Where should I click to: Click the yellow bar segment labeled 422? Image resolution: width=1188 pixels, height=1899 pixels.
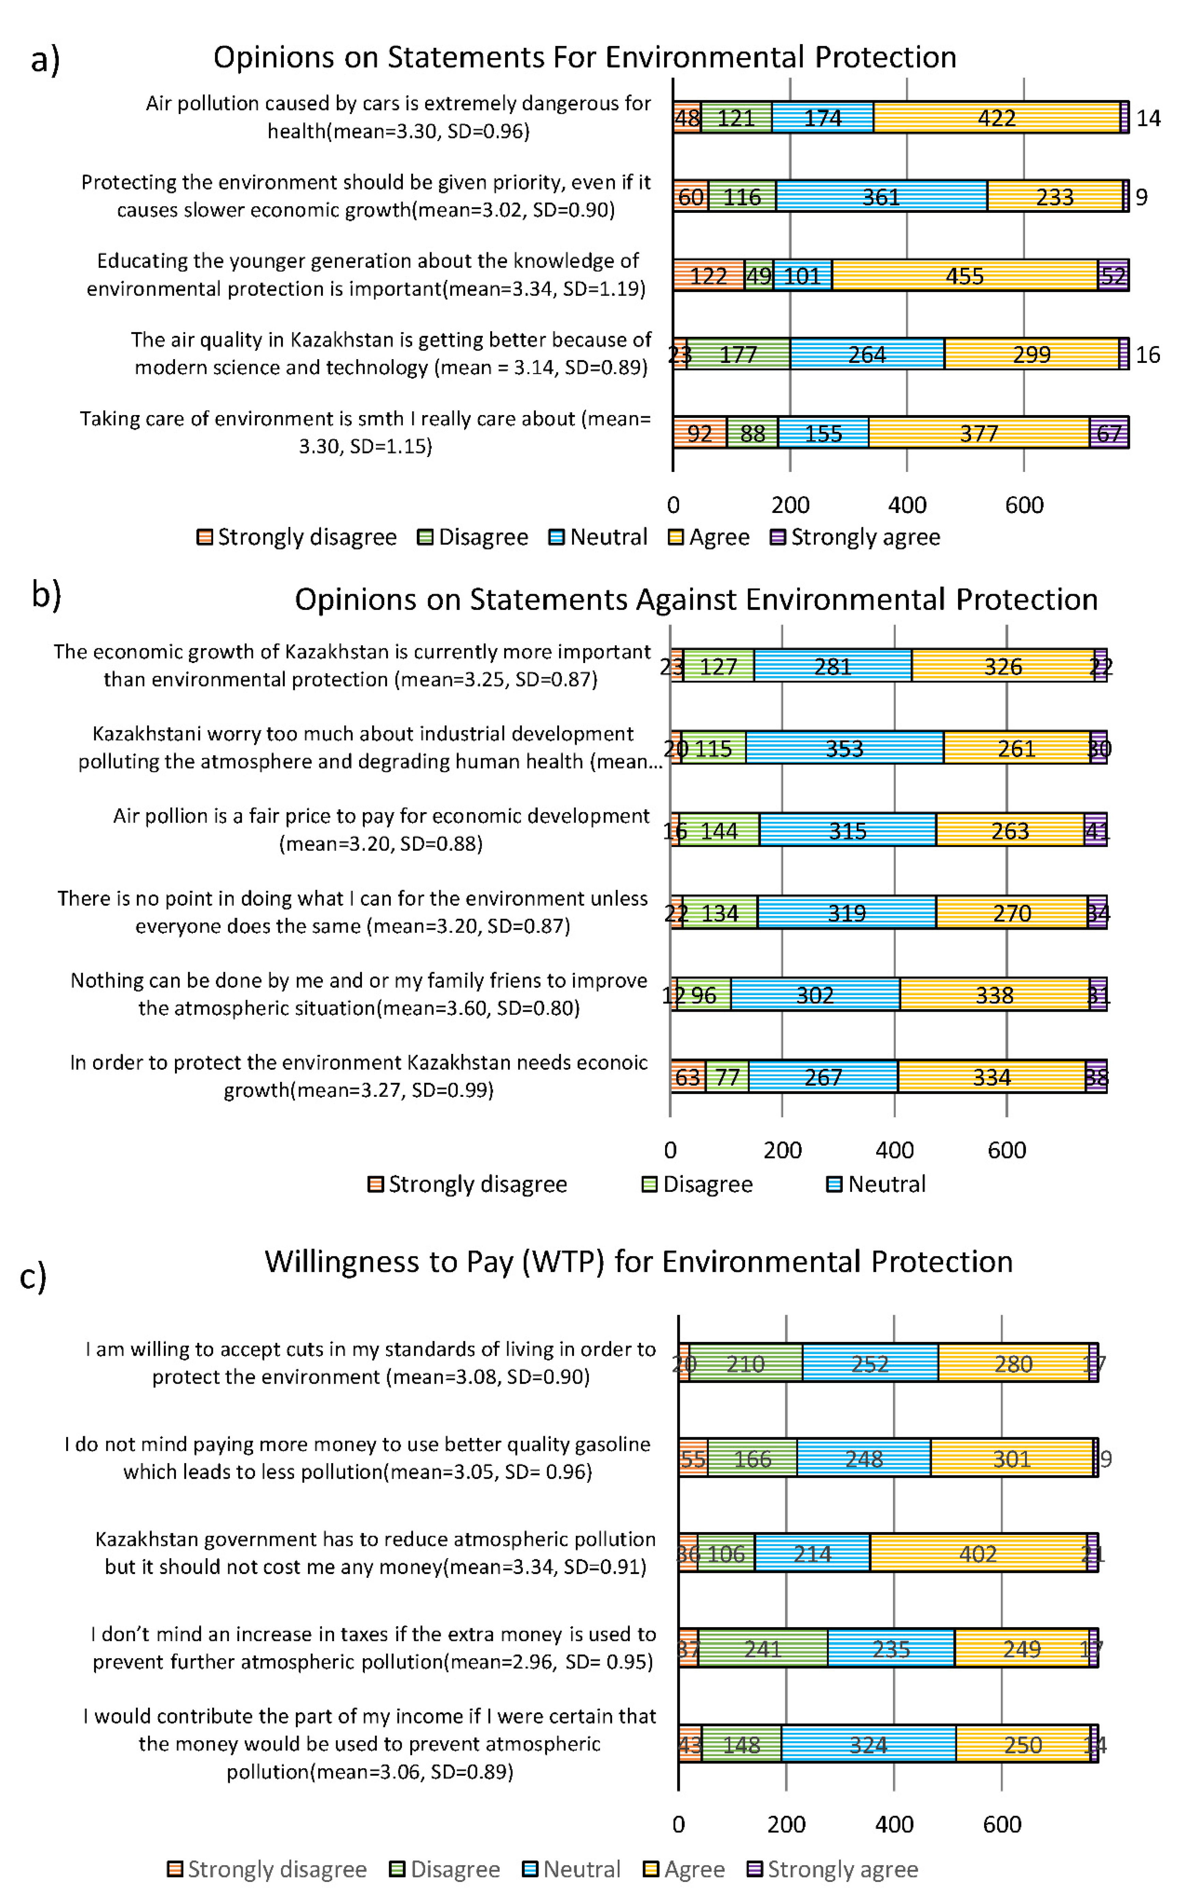pyautogui.click(x=996, y=118)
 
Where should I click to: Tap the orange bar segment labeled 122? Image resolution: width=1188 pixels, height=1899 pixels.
pyautogui.click(x=708, y=276)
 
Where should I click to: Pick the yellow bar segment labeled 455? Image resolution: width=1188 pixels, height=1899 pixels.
pyautogui.click(x=964, y=276)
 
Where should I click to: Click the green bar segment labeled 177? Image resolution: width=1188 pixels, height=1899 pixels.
pyautogui.click(x=738, y=354)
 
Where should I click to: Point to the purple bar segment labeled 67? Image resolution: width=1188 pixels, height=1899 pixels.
pyautogui.click(x=1109, y=433)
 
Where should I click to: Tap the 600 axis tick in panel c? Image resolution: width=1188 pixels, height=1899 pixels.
pyautogui.click(x=1002, y=1824)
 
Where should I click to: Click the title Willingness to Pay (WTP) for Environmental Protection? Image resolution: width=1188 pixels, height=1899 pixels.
pyautogui.click(x=638, y=1262)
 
